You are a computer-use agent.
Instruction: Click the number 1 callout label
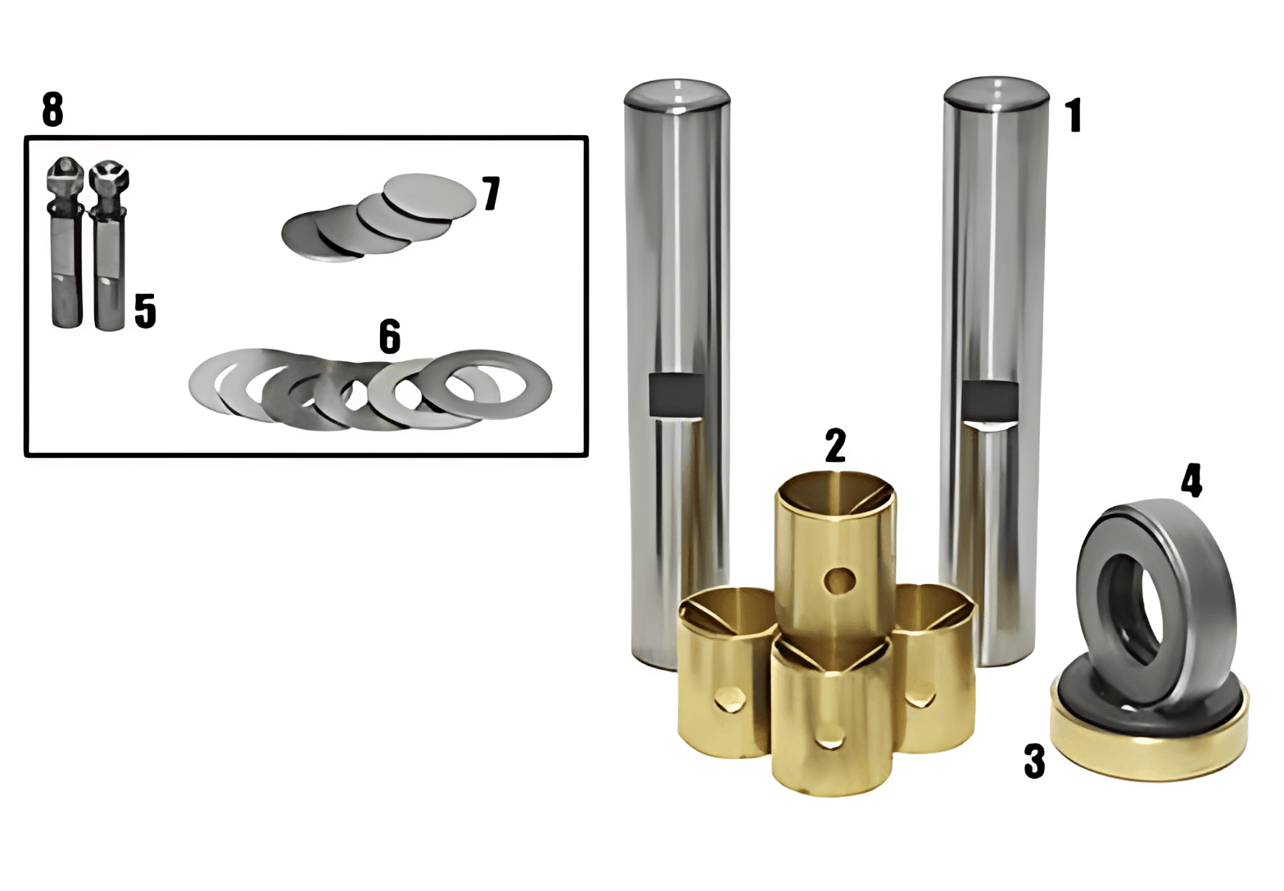pos(1074,115)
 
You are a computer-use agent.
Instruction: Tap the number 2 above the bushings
pos(835,445)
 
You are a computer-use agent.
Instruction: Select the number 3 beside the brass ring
pos(1035,761)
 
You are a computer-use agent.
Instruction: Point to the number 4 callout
pos(1191,480)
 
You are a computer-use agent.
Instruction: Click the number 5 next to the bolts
pos(145,310)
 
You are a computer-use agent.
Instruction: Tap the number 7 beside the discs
pos(491,193)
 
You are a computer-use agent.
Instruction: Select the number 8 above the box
pos(52,109)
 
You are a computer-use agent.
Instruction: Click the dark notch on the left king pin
pos(676,395)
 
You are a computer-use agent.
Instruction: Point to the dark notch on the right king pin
pos(990,400)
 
